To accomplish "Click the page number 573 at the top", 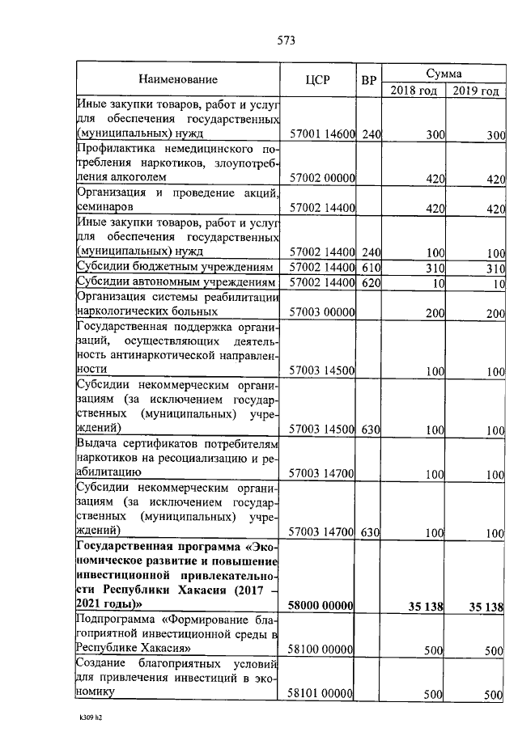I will coord(285,41).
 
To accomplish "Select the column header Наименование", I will coord(178,80).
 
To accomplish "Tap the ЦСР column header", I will coord(321,80).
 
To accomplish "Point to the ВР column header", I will coord(370,80).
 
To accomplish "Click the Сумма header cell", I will coord(444,72).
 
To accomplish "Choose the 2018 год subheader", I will coord(414,90).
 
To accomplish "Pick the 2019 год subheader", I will coord(475,90).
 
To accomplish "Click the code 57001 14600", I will coord(322,134).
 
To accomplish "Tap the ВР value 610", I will coord(371,267).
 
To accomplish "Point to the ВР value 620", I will coord(371,282).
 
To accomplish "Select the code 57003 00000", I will coord(322,312).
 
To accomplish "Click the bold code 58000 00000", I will coord(322,607).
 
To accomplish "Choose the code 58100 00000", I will coord(322,649).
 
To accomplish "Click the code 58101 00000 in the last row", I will coord(322,693).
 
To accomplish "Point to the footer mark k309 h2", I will coord(92,717).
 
